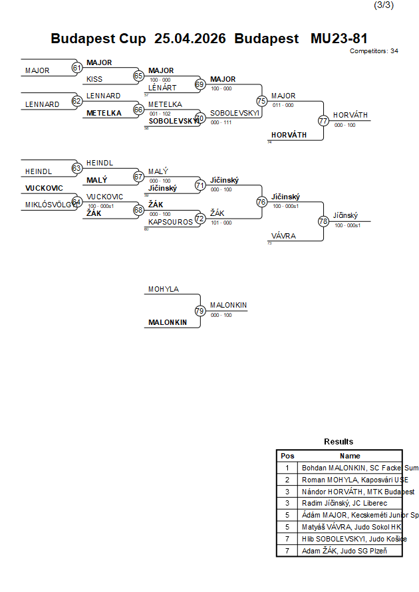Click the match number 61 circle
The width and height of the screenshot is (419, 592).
pyautogui.click(x=76, y=68)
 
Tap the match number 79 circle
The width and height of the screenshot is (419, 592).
pyautogui.click(x=200, y=311)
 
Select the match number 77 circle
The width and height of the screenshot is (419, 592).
pyautogui.click(x=323, y=121)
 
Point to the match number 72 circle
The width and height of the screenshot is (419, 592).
pyautogui.click(x=200, y=218)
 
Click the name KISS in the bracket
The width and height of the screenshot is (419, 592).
pyautogui.click(x=94, y=80)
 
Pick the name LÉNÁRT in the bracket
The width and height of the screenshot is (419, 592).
pyautogui.click(x=162, y=88)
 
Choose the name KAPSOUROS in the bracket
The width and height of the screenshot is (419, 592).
pyautogui.click(x=170, y=222)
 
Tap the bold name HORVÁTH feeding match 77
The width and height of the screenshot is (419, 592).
pyautogui.click(x=289, y=135)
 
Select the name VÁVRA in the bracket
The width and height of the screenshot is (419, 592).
pyautogui.click(x=283, y=236)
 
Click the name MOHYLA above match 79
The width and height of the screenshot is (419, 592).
pyautogui.click(x=164, y=289)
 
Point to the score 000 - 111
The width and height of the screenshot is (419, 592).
pyautogui.click(x=221, y=122)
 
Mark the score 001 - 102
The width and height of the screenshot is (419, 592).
pyautogui.click(x=160, y=114)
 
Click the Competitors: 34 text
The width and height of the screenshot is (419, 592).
pyautogui.click(x=374, y=50)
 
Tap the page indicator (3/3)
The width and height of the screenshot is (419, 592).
pyautogui.click(x=384, y=5)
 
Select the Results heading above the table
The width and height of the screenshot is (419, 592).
pyautogui.click(x=339, y=442)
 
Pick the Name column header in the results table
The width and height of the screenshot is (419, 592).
pyautogui.click(x=350, y=456)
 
